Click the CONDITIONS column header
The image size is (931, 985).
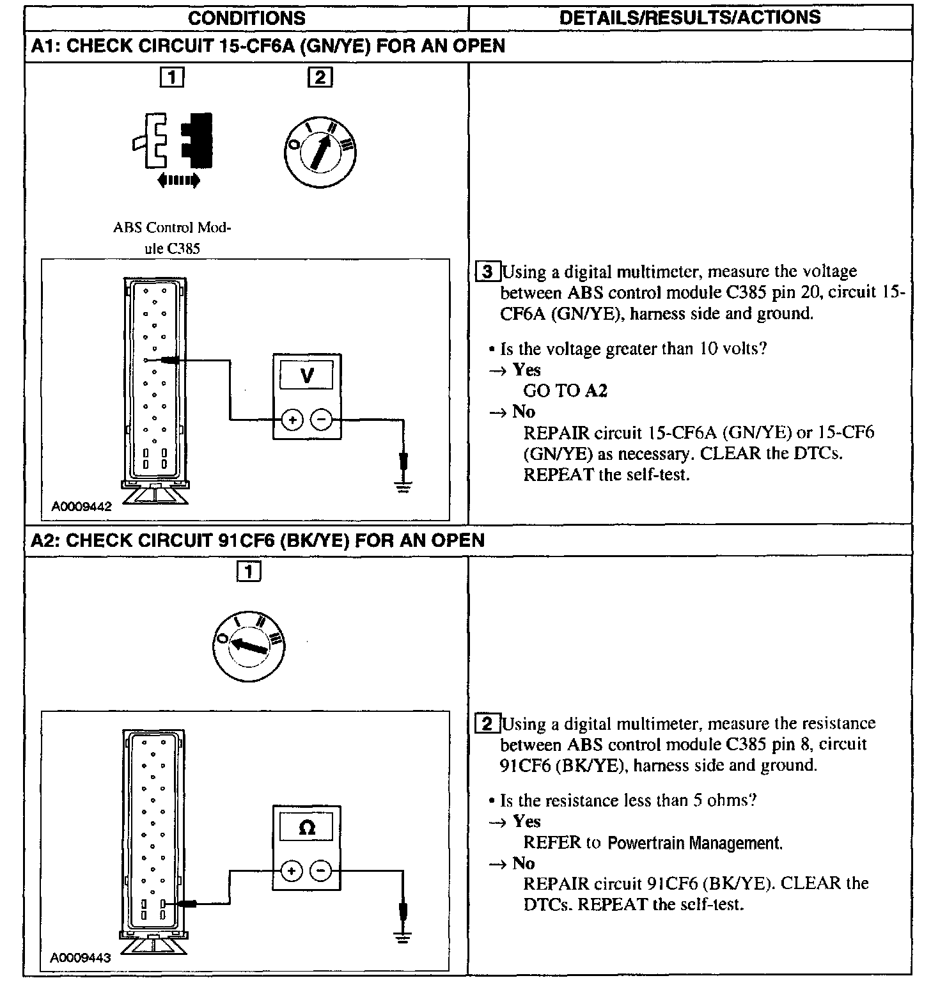pos(246,17)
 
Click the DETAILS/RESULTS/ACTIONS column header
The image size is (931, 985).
pos(690,17)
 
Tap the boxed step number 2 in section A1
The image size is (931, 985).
pos(320,78)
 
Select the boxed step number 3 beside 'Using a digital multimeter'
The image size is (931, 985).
pos(488,272)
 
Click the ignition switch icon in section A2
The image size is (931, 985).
pos(249,646)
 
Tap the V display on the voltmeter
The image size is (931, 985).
pos(306,375)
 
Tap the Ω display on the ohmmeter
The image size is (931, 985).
pos(306,827)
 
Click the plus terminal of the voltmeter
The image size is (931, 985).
pos(292,420)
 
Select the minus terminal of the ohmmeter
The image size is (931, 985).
pos(321,871)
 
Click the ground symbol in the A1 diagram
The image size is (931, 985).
pos(403,486)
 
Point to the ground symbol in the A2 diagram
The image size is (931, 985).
pos(402,938)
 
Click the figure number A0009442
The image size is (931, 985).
pos(81,507)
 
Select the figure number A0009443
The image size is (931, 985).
pos(81,957)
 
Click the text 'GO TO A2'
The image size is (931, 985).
pos(565,391)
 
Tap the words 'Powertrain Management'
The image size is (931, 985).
pos(694,843)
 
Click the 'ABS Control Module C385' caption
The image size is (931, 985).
pos(172,238)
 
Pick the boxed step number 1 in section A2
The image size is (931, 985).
pos(249,571)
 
